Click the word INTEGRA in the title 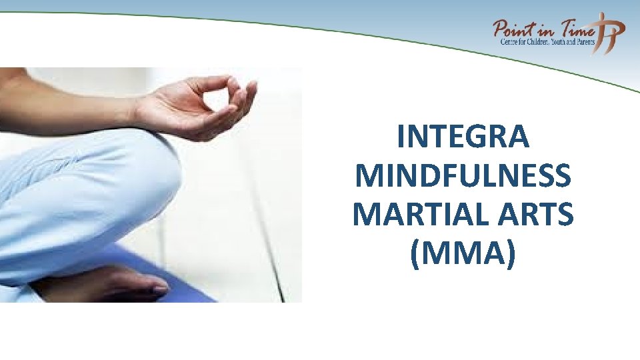tap(463, 138)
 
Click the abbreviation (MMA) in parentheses tap(463, 254)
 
